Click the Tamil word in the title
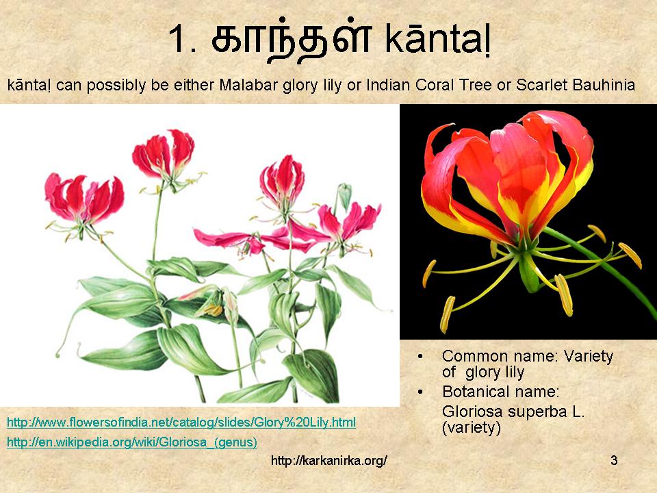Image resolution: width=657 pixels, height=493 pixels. (291, 39)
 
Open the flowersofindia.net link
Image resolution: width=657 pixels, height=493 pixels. (181, 421)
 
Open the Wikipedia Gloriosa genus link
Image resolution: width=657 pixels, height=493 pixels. (131, 442)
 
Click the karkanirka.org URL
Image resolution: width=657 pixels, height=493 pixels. (329, 461)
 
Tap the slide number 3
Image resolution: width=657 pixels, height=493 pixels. (614, 460)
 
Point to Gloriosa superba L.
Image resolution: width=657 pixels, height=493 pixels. (513, 413)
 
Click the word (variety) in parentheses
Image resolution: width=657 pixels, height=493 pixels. (472, 429)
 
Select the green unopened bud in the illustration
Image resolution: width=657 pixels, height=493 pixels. (344, 196)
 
